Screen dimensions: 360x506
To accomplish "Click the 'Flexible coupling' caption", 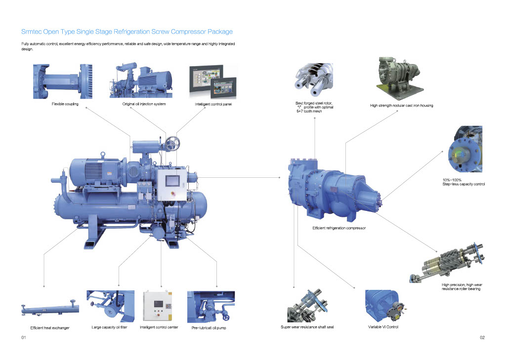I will coord(65,104).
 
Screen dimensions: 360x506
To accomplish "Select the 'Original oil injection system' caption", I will coord(144,104).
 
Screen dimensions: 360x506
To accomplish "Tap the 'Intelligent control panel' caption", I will coord(213,105).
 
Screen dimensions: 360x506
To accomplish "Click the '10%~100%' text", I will coord(452,180).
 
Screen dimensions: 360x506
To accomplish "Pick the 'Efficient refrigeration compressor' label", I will coord(339,228).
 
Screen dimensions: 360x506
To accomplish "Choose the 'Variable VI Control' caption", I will coord(383,327).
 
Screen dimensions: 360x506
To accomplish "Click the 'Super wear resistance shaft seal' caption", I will coord(307,327).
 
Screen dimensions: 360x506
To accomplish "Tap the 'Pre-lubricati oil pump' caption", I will coord(209,328).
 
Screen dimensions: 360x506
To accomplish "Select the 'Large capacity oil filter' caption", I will coord(109,327).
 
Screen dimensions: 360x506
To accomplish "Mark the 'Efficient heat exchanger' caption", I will coord(50,328).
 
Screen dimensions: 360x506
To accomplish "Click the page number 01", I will coord(23,338).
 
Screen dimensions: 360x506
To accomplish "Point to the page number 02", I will coord(482,338).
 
